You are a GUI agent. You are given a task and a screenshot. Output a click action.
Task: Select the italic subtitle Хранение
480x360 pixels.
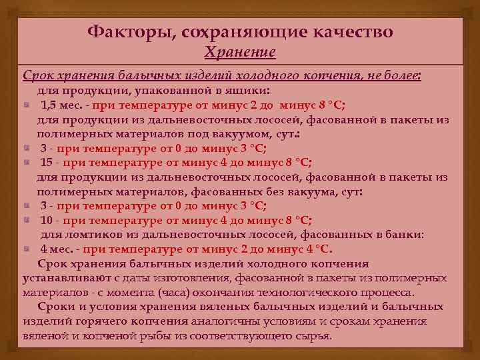pos(240,52)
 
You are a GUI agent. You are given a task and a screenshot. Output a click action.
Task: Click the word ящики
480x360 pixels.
pos(247,90)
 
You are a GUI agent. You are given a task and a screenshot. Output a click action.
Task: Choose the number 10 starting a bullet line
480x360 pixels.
pos(47,220)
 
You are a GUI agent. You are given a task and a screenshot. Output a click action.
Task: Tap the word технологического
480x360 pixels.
pos(322,292)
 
